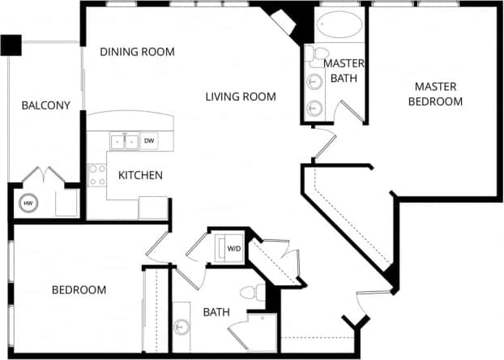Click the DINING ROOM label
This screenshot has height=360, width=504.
[138, 52]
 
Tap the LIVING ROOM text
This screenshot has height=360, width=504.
[241, 96]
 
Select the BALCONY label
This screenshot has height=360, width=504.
[45, 105]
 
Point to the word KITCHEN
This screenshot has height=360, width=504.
[141, 175]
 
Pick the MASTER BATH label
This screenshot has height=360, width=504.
[344, 70]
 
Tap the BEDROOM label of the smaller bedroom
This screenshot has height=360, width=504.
[79, 289]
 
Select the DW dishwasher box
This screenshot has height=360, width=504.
[149, 141]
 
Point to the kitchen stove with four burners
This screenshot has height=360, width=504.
[96, 175]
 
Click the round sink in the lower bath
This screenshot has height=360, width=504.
[182, 328]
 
